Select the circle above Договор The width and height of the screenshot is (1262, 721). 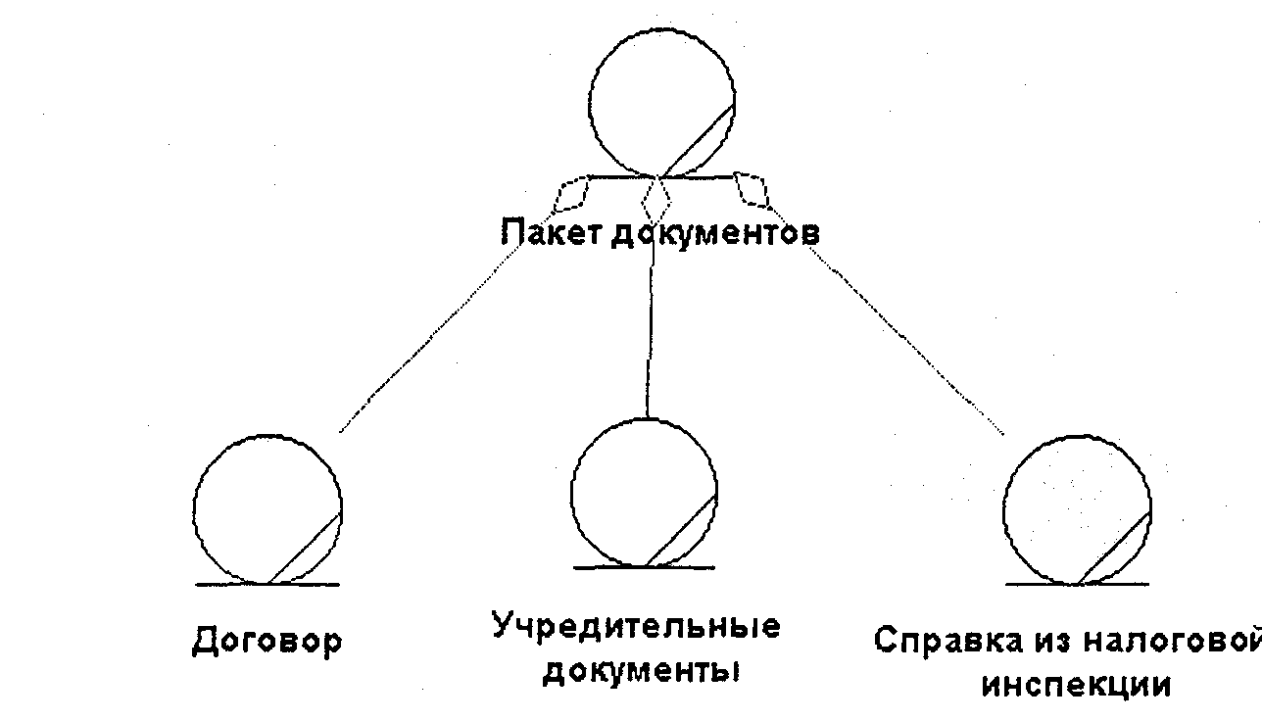267,510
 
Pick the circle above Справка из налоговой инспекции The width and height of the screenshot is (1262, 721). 1077,511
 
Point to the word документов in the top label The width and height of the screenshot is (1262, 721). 715,233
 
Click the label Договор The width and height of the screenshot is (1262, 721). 267,641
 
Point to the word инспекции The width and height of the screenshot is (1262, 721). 1076,684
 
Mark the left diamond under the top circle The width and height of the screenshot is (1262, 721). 571,193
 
